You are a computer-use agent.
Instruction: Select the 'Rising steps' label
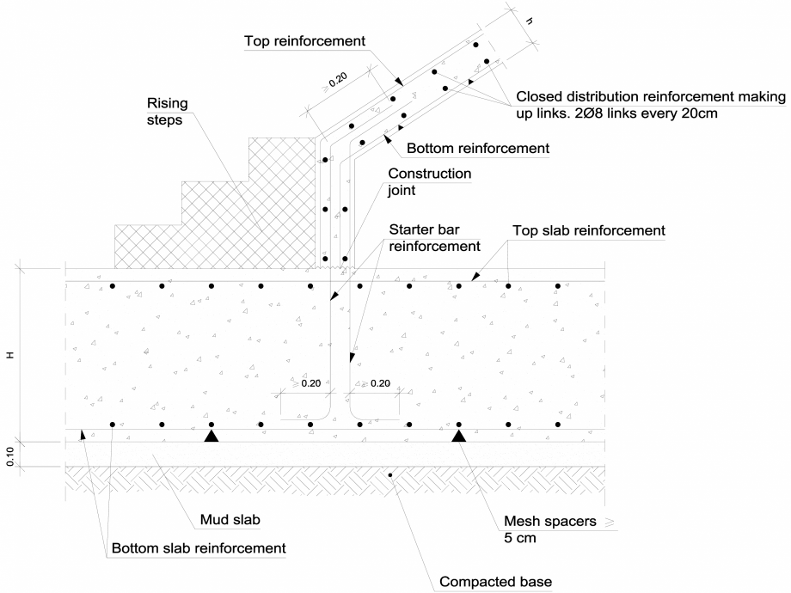166,112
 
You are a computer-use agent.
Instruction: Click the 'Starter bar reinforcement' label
434,238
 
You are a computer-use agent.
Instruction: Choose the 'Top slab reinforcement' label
588,230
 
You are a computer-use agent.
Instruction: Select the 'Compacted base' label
494,581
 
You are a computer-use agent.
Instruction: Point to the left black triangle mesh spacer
211,436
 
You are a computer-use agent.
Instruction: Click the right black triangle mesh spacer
459,436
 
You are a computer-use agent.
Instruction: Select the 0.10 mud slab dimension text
11,455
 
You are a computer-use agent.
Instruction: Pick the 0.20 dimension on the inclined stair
337,82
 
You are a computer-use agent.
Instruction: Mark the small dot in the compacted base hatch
390,474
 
